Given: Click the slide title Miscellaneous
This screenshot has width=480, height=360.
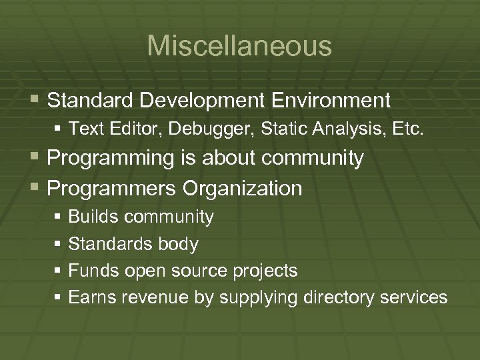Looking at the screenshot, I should [x=239, y=46].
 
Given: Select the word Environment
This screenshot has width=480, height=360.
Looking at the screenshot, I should [x=331, y=101].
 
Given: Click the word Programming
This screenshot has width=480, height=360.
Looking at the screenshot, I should [x=110, y=159].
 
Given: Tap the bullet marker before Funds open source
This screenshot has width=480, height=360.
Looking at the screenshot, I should [x=59, y=271].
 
